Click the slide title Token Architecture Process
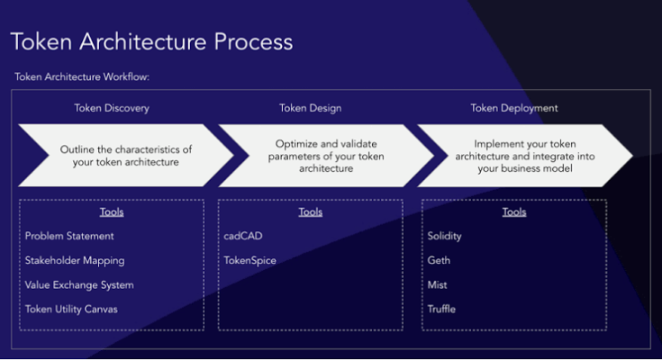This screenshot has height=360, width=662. point(151,42)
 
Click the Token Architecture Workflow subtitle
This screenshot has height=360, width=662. point(82,77)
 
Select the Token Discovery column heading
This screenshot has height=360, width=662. point(112,108)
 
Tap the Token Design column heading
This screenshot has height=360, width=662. point(310,108)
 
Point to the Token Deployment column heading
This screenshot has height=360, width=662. point(514,108)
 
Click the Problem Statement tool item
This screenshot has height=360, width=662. point(69,236)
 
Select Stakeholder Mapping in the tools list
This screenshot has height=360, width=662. point(75,260)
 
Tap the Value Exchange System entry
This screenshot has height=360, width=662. point(79,284)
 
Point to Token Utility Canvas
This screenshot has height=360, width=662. point(71,309)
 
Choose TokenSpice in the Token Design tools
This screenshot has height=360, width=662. point(250,260)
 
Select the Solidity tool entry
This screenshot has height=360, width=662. point(445,236)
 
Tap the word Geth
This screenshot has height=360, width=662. point(439,260)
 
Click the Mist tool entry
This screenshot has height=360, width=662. point(437,284)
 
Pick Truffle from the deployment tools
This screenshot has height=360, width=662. point(442,309)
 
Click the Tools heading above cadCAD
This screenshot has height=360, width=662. point(311,212)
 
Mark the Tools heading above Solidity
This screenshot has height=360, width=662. point(514,212)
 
